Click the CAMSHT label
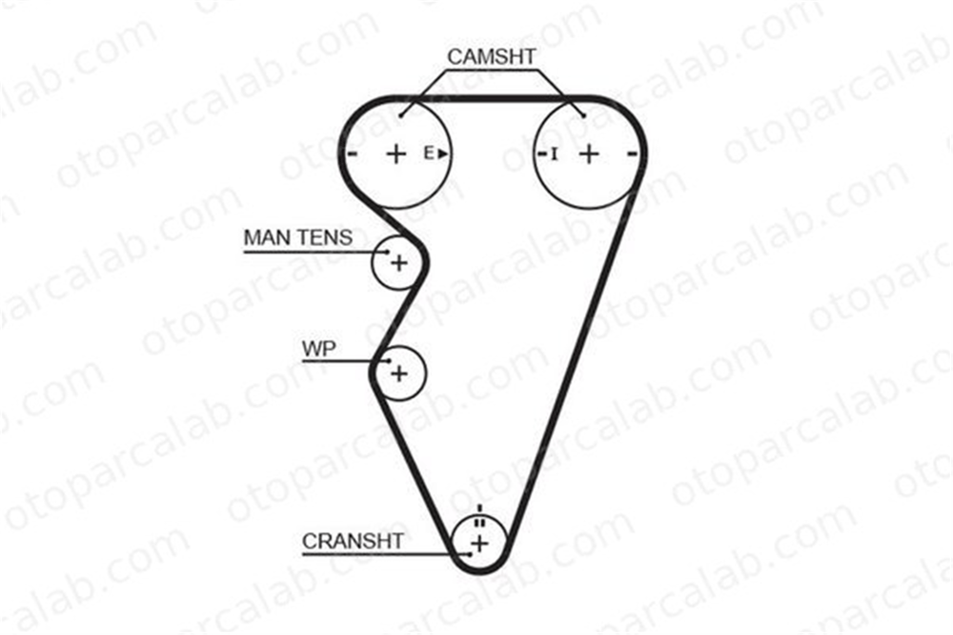[491, 56]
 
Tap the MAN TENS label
[297, 237]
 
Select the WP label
[318, 349]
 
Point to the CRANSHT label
[353, 541]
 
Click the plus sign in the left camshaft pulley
[396, 154]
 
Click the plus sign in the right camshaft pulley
[588, 154]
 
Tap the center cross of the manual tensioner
[399, 263]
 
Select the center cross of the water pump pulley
[399, 373]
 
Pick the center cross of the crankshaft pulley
[480, 543]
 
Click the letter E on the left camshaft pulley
[429, 154]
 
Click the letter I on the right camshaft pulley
[554, 154]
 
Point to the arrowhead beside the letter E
[443, 154]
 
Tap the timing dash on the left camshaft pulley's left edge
[352, 154]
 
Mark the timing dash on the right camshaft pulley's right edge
[632, 154]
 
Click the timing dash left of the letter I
[542, 154]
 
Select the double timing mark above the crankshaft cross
[480, 522]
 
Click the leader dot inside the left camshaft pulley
[401, 115]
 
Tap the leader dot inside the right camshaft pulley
[583, 115]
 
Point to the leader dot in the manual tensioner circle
[387, 251]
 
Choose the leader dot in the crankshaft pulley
[469, 554]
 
